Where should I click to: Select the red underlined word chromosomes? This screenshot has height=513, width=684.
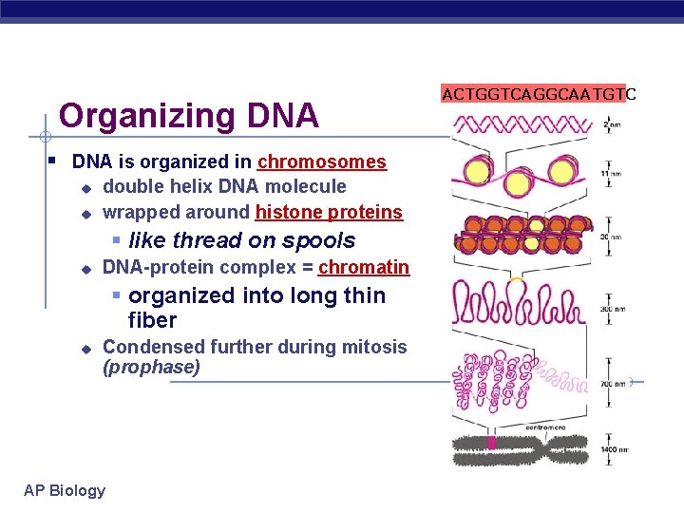tap(322, 162)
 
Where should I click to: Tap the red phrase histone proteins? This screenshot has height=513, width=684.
tap(329, 212)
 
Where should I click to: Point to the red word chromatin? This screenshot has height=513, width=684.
tap(364, 268)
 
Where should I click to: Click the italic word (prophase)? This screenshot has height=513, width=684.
tap(151, 368)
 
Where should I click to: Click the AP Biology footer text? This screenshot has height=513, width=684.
tap(65, 490)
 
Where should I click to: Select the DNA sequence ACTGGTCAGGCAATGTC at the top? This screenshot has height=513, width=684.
tap(539, 93)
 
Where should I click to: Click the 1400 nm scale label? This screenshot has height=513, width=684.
tap(614, 449)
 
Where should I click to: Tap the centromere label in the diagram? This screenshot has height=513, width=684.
tap(521, 428)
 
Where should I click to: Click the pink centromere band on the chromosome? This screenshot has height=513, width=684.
tap(491, 444)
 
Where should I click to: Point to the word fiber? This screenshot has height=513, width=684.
tap(152, 320)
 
